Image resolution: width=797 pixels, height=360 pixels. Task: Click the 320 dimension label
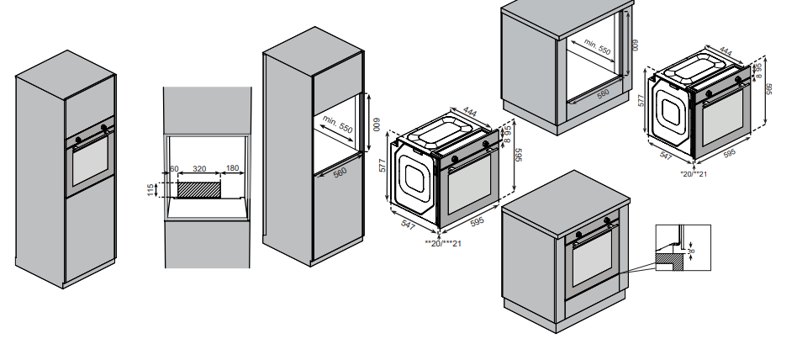click(x=199, y=169)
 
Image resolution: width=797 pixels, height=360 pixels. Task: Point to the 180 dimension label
click(x=232, y=169)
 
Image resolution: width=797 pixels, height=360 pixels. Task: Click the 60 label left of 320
click(x=174, y=169)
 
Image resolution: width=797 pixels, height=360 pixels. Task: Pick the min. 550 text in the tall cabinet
click(x=337, y=126)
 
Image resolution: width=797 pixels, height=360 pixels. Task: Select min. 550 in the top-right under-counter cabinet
click(x=597, y=49)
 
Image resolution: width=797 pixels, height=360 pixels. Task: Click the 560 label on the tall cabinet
click(x=340, y=172)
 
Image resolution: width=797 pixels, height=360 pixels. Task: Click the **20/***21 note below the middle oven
click(x=443, y=244)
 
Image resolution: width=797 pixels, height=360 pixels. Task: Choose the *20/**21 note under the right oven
click(x=694, y=173)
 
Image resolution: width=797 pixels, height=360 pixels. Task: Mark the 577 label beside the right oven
click(x=641, y=99)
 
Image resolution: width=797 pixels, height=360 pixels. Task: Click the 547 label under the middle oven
click(x=409, y=225)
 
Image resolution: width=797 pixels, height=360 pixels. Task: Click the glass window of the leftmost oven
click(x=87, y=165)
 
